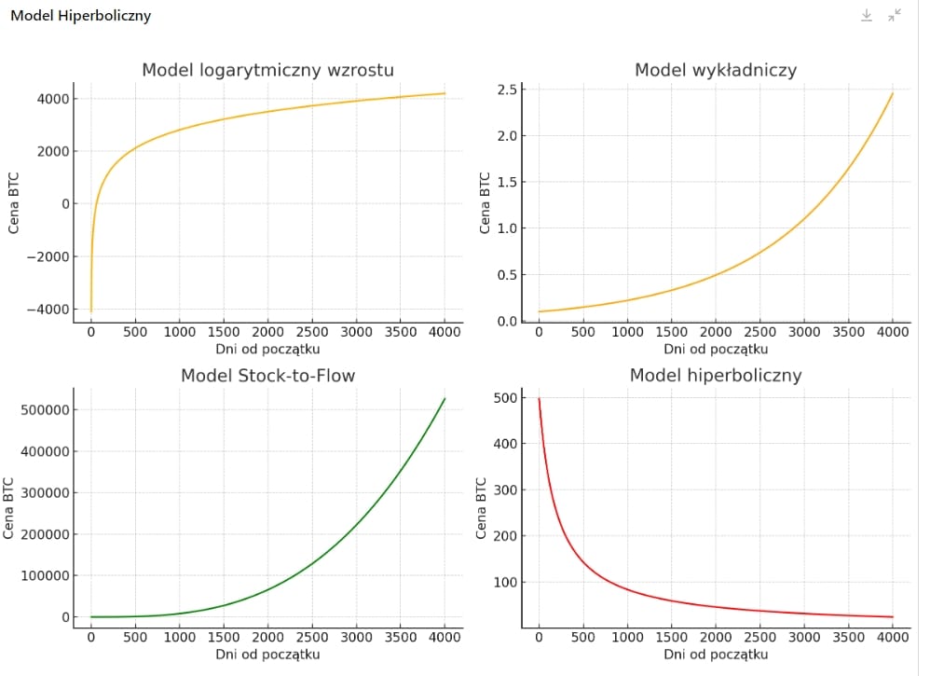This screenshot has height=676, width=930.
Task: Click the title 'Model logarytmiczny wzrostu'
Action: point(267,70)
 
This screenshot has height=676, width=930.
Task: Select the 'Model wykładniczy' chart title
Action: point(716,70)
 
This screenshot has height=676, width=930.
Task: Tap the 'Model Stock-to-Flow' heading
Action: point(267,376)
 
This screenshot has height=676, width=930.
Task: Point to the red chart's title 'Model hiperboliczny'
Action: point(716,376)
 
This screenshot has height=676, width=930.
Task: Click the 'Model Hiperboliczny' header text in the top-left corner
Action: point(80,16)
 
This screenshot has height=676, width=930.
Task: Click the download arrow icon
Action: point(866,15)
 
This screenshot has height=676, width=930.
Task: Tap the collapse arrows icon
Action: point(895,15)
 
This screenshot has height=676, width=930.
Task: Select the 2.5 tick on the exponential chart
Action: point(505,90)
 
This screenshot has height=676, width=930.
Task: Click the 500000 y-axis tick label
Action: point(44,409)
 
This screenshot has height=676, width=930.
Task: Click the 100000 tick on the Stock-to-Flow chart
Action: point(44,575)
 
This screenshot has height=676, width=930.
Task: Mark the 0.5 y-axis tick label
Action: point(505,275)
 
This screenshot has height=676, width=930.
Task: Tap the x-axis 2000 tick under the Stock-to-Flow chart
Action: point(267,638)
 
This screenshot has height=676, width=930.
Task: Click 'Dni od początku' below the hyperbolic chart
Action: point(716,655)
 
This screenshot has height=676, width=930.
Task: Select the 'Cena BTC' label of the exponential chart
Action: point(484,204)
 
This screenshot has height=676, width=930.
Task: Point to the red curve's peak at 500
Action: point(539,399)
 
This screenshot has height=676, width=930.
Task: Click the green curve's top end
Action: point(444,399)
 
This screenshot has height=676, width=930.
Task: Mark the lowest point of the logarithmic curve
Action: point(90,310)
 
